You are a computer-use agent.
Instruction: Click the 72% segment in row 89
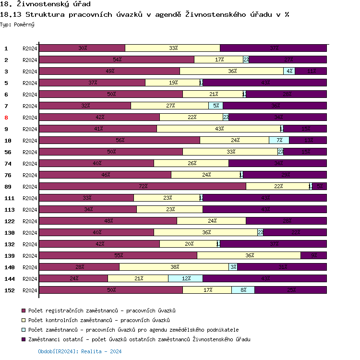tap(142, 186)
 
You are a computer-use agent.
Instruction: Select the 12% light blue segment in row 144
tap(185, 278)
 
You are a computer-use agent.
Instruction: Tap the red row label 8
tap(6, 118)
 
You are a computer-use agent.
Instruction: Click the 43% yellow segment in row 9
tap(218, 129)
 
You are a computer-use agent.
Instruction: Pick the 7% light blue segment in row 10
tap(279, 140)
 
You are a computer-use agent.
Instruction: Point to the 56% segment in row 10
tap(119, 140)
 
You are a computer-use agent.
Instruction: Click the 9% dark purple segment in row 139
tap(313, 255)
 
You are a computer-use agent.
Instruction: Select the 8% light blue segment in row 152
tap(243, 290)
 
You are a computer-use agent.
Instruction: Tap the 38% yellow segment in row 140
tap(174, 267)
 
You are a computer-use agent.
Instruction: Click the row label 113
tap(10, 210)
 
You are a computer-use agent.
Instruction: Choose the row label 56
tap(8, 152)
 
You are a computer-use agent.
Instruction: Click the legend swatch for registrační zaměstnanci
tap(23, 311)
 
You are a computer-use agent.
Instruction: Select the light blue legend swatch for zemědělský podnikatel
tap(23, 330)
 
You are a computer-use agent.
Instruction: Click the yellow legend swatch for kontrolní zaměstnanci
tap(23, 320)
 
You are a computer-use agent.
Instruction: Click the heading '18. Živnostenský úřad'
tap(46, 4)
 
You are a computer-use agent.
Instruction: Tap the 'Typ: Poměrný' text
tap(17, 24)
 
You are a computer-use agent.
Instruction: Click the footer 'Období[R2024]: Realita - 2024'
tap(80, 351)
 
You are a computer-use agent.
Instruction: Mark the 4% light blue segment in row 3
tap(289, 71)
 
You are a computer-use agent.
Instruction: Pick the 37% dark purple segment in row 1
tap(273, 48)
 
